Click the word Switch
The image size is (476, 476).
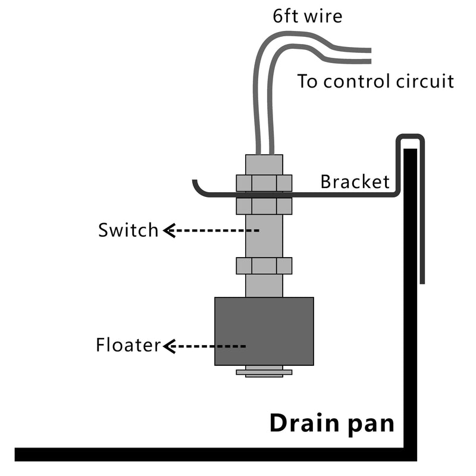(129, 230)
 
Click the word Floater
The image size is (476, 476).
(128, 345)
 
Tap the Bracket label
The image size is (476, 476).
(355, 181)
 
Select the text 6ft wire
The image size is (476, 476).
(308, 16)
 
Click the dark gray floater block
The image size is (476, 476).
(264, 331)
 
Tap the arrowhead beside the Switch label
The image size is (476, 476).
(168, 230)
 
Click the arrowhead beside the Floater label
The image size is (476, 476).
(168, 346)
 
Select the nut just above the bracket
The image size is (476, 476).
(264, 183)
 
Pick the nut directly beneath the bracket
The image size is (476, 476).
(264, 206)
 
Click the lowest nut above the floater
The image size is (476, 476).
(264, 265)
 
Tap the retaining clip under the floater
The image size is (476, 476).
(264, 372)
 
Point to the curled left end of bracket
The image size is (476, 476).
(199, 187)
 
